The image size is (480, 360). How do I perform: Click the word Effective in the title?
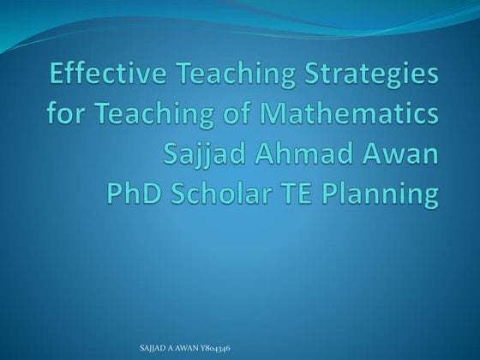(101, 76)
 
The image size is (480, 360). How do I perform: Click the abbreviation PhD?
(135, 194)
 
